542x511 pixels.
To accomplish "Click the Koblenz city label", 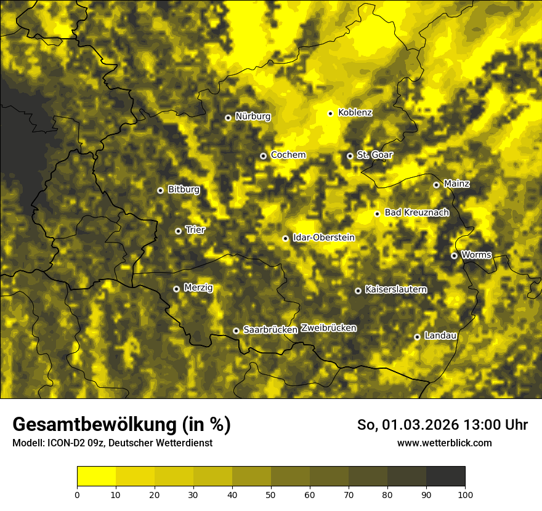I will point(355,113).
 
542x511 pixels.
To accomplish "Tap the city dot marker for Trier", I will point(179,231).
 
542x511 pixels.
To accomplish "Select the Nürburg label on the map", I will point(253,116).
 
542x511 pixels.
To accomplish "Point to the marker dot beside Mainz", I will point(437,185).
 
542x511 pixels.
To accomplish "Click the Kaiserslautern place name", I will point(395,289).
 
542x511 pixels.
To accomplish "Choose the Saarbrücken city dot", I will point(236,331).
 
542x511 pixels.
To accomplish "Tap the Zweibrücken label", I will point(328,328).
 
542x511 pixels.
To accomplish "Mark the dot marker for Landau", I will point(417,337).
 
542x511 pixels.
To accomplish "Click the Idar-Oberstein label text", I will point(323,237).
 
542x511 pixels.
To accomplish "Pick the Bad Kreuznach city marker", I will point(377,214).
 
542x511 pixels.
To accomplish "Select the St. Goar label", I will point(374,155).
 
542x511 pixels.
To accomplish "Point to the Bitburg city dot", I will point(160,190).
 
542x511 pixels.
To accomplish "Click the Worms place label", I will point(476,254).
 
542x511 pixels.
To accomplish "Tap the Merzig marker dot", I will point(177,289).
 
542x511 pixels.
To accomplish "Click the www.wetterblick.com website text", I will point(444,443).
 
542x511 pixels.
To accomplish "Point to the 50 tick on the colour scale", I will point(271,494).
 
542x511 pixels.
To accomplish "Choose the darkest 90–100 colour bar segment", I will point(445,477).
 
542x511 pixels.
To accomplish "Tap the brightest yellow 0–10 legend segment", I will point(97,477).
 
